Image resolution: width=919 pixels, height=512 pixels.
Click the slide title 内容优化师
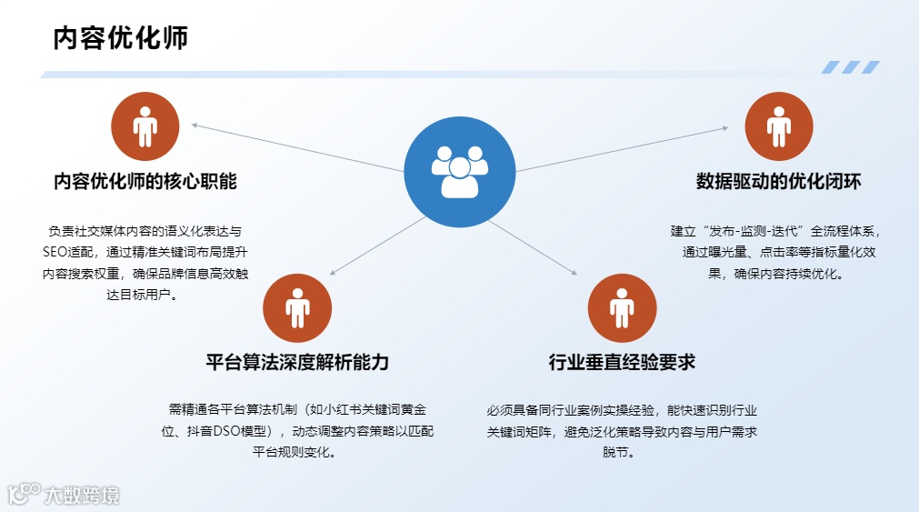pos(121,38)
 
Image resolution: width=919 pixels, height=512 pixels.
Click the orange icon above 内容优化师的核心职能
pos(145,126)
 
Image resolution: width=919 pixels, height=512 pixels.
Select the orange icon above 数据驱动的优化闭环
pos(778,126)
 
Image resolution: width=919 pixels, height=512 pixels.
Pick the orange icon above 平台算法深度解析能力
pos(297,308)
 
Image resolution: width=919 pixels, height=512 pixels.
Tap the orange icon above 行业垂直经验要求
pos(622,308)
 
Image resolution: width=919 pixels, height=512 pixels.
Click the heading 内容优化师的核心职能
pos(145,181)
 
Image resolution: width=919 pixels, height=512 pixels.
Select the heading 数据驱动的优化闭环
pos(778,181)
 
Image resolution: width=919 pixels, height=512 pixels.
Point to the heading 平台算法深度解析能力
pos(297,362)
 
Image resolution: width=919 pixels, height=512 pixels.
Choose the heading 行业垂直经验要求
pos(622,362)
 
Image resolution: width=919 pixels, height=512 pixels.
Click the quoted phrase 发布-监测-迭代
pos(760,231)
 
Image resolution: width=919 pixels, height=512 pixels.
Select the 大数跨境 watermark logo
pos(64,495)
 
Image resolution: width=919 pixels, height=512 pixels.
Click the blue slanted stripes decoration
pos(850,67)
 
